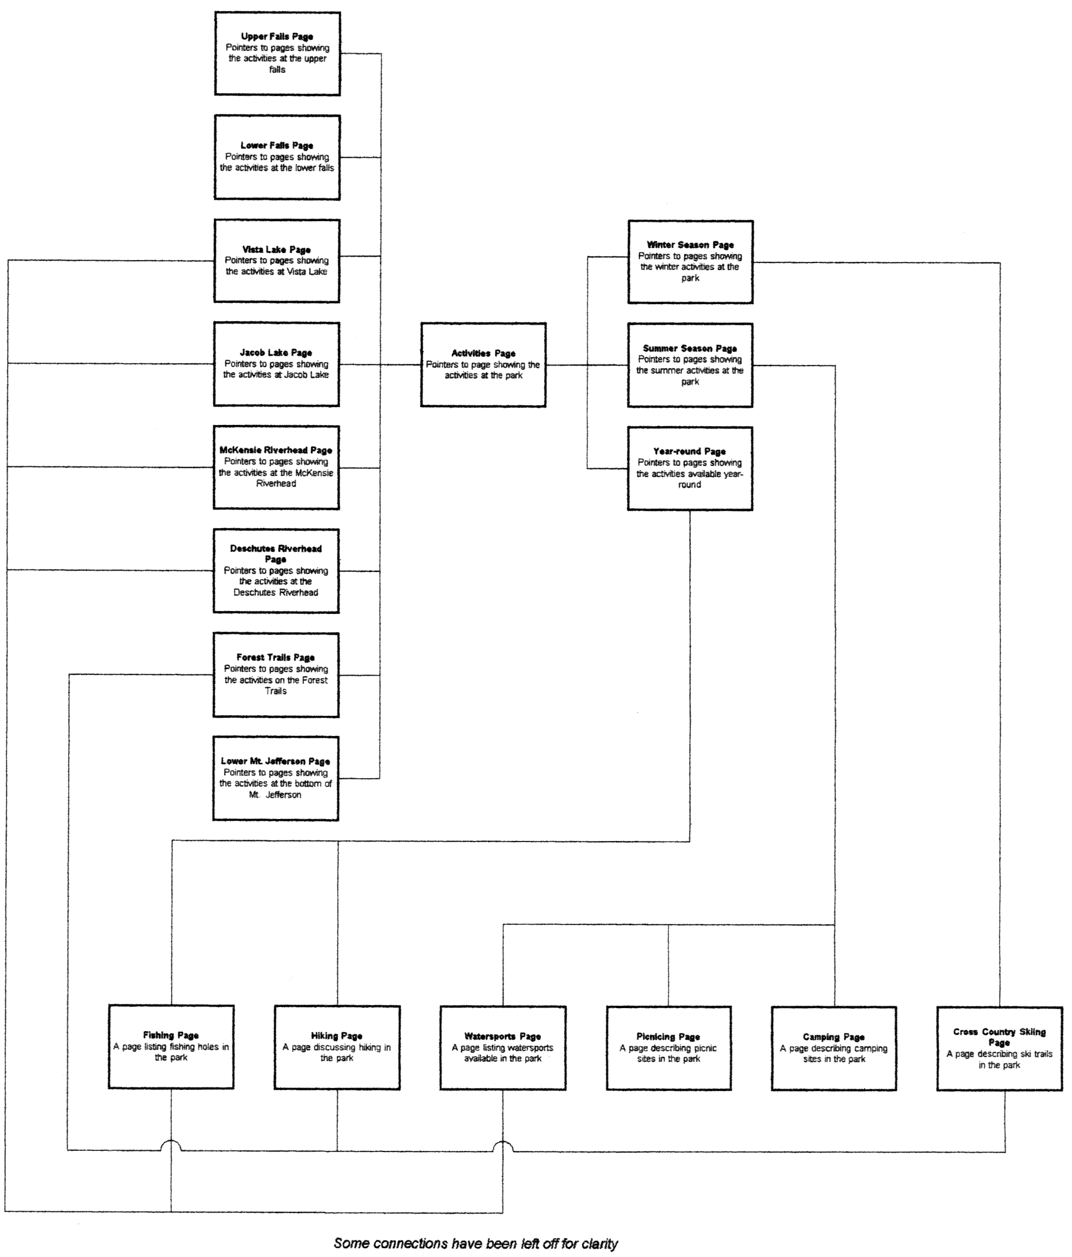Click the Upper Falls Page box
[277, 53]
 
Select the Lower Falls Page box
[277, 157]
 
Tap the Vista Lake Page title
[277, 250]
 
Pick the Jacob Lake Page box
[276, 364]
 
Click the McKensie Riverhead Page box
[276, 467]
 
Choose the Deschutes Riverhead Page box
[276, 571]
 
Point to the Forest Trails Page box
[276, 674]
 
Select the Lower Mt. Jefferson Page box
[276, 778]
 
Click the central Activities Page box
[484, 364]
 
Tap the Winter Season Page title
[690, 245]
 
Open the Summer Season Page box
[690, 365]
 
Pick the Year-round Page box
[690, 468]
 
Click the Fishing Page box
[171, 1047]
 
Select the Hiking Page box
[337, 1048]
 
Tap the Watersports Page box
[503, 1048]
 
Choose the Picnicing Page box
[668, 1048]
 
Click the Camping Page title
[834, 1037]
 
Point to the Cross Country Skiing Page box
[999, 1049]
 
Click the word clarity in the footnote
[599, 1243]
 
